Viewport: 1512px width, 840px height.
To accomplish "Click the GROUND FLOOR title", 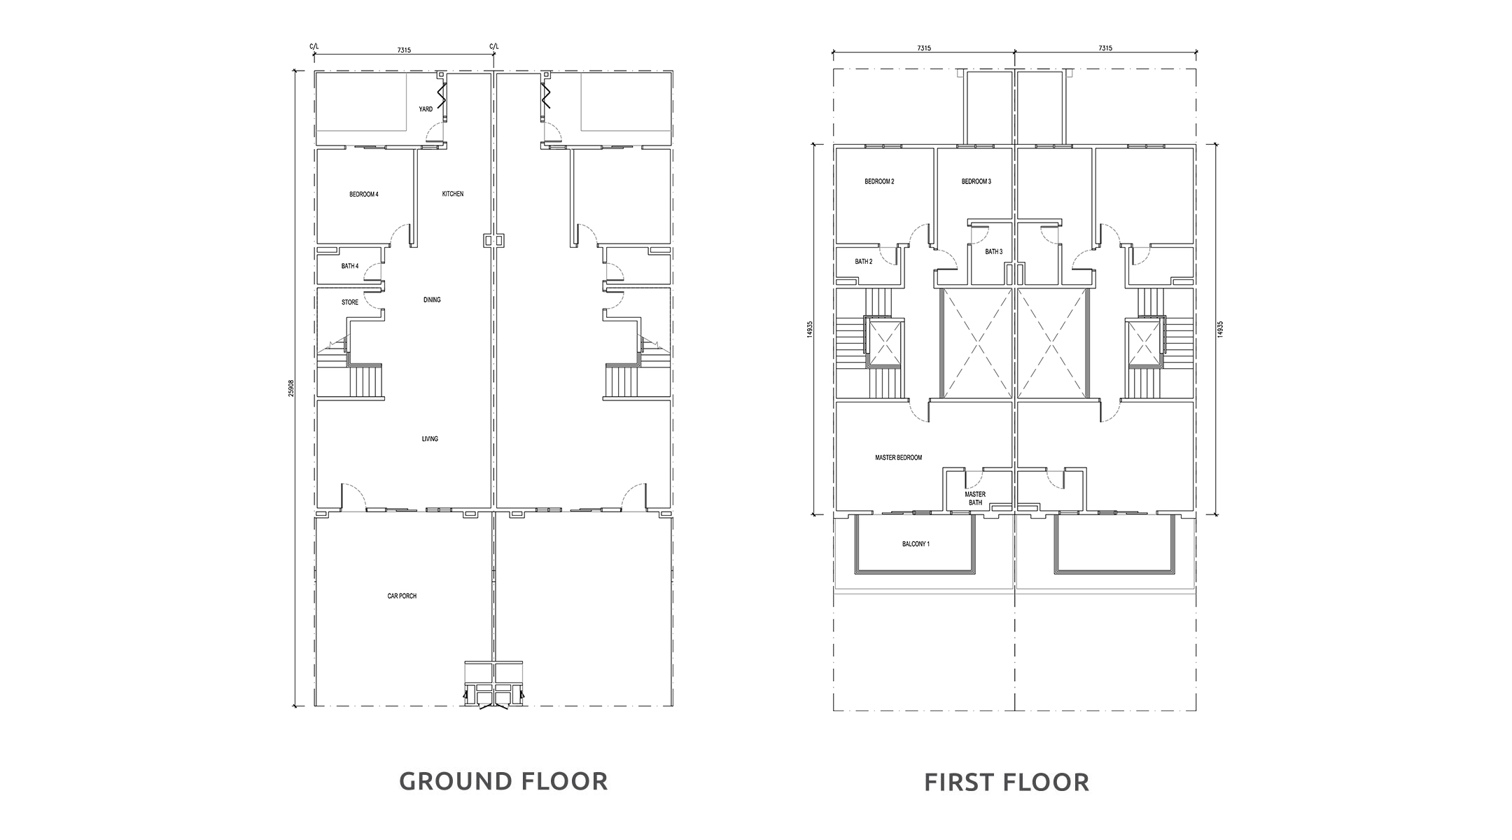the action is (503, 781).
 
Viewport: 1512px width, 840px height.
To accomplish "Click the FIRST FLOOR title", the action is (1007, 782).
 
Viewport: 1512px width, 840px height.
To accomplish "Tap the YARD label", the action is (426, 109).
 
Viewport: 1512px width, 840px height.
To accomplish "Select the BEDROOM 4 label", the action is (364, 195).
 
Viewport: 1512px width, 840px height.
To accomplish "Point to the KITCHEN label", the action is (453, 194).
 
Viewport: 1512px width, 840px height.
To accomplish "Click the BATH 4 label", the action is (350, 266).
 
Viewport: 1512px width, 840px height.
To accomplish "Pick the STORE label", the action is (350, 302).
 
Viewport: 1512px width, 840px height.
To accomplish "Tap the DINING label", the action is (432, 300).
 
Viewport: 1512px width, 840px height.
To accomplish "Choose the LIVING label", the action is (430, 439).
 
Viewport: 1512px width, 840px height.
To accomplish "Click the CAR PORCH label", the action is (402, 596).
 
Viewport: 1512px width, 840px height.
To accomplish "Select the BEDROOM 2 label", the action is (879, 182).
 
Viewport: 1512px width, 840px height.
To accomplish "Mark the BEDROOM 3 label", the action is (976, 182).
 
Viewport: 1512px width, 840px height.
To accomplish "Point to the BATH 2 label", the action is (864, 262).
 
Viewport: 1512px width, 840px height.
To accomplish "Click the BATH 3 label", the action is (994, 252).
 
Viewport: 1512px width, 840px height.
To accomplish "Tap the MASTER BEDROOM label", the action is (899, 458).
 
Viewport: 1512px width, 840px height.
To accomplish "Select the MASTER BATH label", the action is (976, 498).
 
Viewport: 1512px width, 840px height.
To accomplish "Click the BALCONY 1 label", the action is (916, 544).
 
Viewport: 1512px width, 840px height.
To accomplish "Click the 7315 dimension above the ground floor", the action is (404, 50).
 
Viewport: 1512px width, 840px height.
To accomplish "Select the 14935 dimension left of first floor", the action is (810, 330).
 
